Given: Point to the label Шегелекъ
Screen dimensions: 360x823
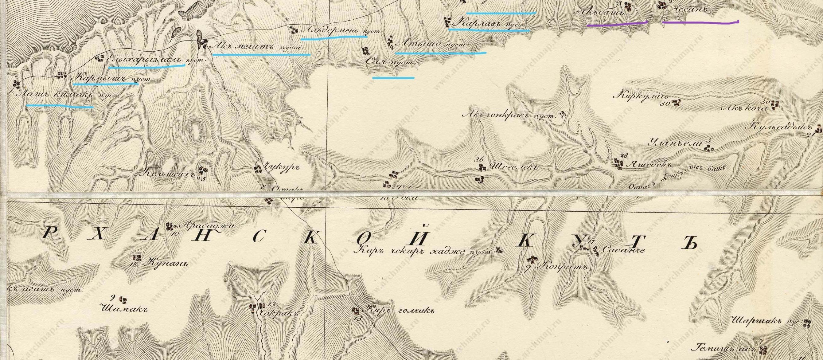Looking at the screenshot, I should pyautogui.click(x=512, y=167).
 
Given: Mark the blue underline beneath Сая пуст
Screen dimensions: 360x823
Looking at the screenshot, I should pyautogui.click(x=393, y=77).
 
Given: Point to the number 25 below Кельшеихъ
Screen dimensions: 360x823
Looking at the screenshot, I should pyautogui.click(x=201, y=178).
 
